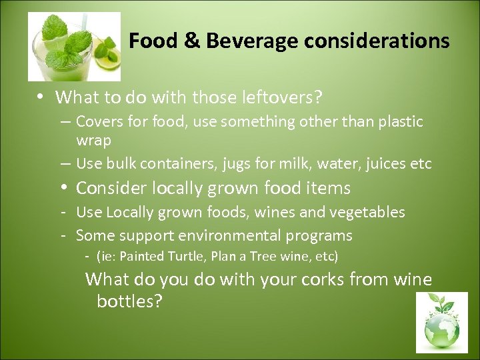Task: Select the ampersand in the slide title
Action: click(x=191, y=41)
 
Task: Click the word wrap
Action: click(x=93, y=141)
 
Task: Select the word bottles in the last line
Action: click(x=129, y=301)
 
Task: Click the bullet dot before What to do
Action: click(x=41, y=97)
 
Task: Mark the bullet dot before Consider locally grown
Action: click(x=63, y=188)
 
